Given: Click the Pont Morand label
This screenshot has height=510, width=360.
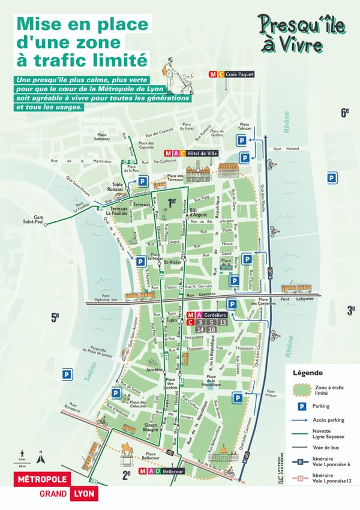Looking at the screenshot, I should [x=286, y=149].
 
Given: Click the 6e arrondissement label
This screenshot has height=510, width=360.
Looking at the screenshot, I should [x=345, y=112].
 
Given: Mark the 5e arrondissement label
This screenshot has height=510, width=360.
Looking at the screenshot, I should [x=55, y=317].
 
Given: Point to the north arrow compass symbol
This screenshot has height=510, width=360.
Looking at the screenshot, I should [x=40, y=457].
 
